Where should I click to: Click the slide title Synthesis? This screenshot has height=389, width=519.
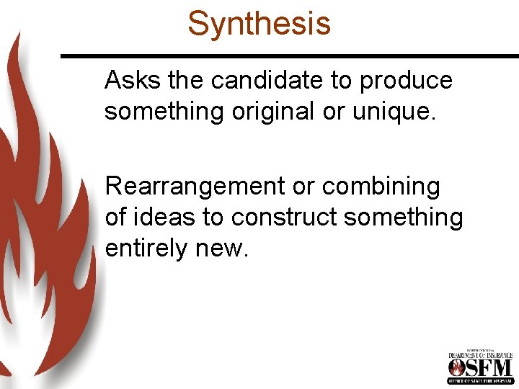[259, 23]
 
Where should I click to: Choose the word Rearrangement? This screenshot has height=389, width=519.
[194, 187]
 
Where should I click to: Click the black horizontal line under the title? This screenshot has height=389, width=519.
[288, 55]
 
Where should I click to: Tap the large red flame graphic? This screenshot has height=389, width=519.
[43, 216]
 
